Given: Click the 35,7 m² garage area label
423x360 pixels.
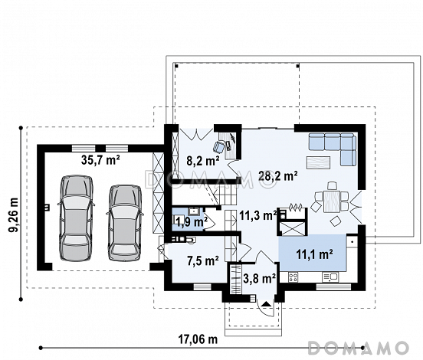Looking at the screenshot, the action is (100, 160).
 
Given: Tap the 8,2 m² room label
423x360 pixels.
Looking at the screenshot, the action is (203, 162).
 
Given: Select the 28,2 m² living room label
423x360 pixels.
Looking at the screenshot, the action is (278, 176).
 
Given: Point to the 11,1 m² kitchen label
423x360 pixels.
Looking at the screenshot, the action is (314, 254).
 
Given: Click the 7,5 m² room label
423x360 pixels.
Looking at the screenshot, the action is (203, 260).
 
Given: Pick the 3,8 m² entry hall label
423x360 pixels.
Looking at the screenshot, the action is (260, 278).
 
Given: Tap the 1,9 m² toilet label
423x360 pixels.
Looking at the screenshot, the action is (191, 222).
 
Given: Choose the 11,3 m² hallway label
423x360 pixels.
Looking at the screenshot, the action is (258, 215).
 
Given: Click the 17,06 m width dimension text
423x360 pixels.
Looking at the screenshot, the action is (198, 339).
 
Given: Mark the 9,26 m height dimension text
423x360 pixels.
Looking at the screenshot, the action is (13, 215).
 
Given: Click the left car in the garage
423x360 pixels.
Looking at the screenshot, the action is (77, 218).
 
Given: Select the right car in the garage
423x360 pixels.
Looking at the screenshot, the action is (125, 223).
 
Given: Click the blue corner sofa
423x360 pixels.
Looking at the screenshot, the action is (333, 148).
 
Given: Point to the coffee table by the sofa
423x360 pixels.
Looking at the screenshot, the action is (318, 162).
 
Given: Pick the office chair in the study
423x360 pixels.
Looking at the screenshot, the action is (219, 146).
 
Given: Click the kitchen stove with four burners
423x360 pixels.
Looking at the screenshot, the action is (293, 277).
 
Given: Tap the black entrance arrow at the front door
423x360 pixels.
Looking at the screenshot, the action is (267, 304).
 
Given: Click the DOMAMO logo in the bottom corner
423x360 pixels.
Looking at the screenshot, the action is (358, 348).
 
